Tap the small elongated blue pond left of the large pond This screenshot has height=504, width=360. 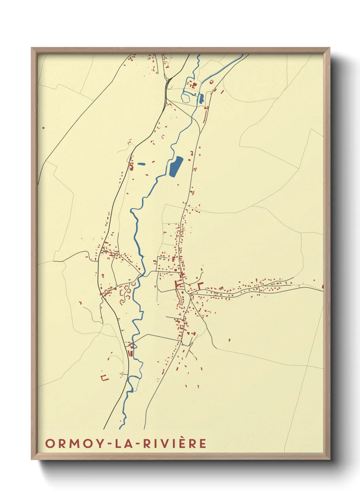click(141, 164)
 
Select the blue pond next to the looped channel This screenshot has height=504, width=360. click(201, 98)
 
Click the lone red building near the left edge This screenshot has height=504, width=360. click(43, 128)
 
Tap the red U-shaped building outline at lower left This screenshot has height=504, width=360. click(104, 377)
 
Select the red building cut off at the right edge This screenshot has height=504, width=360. click(322, 287)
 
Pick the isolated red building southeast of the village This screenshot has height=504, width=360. click(229, 340)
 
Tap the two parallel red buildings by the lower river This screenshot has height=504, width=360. click(130, 353)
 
